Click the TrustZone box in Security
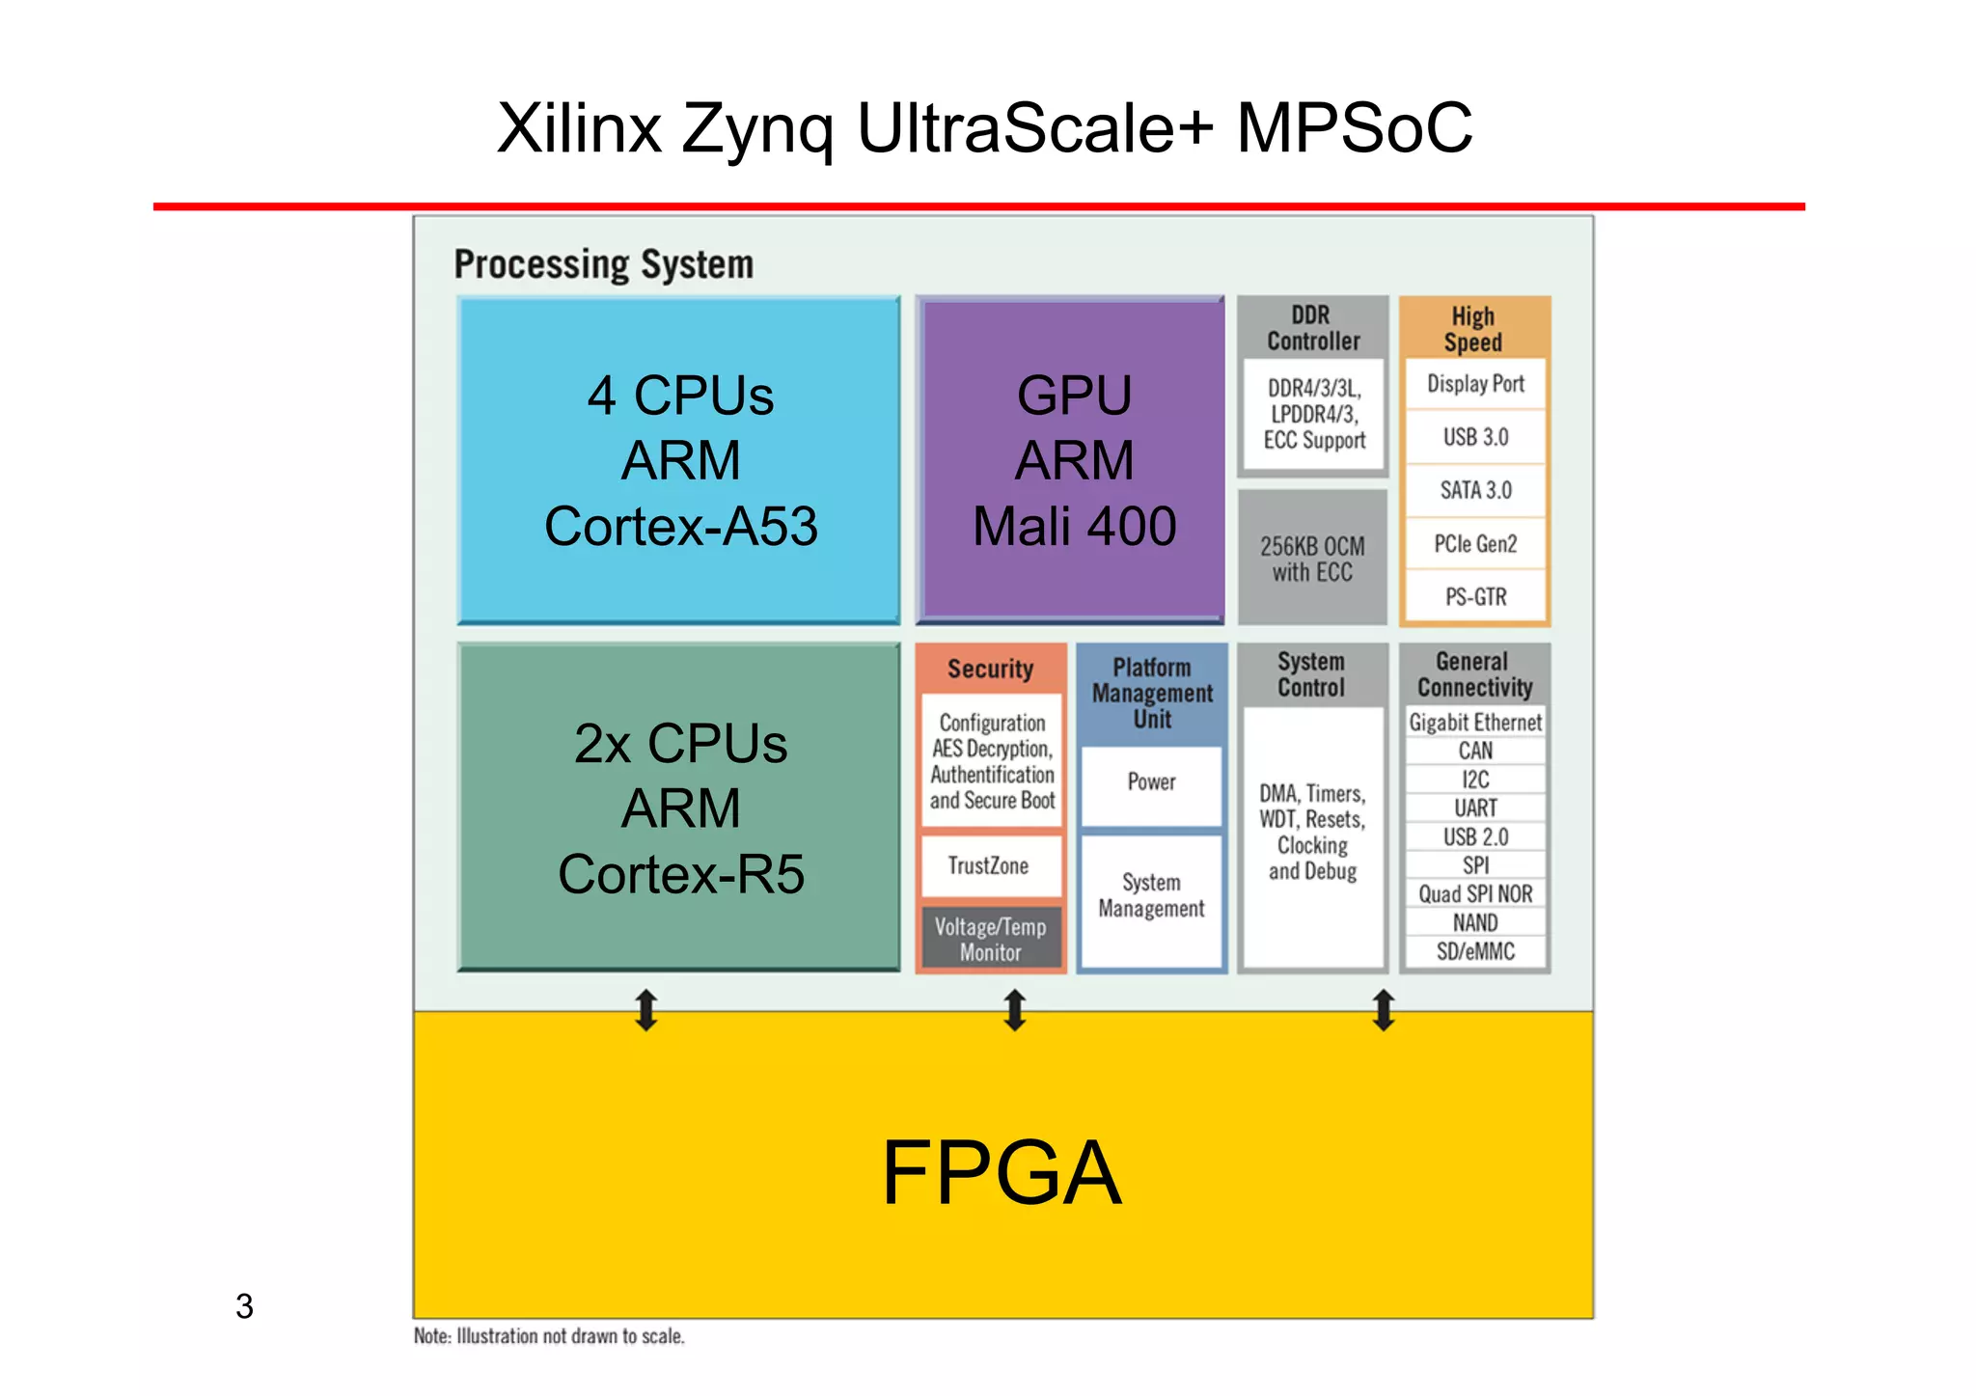pyautogui.click(x=990, y=865)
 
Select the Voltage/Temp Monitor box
pyautogui.click(x=990, y=939)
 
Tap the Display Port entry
pyautogui.click(x=1475, y=384)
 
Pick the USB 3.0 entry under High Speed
pyautogui.click(x=1475, y=437)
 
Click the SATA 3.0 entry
pyautogui.click(x=1475, y=490)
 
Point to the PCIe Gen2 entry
pyautogui.click(x=1475, y=544)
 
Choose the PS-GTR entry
pyautogui.click(x=1475, y=597)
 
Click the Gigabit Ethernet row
pyautogui.click(x=1475, y=723)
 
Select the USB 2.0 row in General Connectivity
pyautogui.click(x=1475, y=836)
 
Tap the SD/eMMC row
pyautogui.click(x=1475, y=951)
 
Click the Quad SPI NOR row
pyautogui.click(x=1475, y=894)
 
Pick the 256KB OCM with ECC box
pyautogui.click(x=1312, y=559)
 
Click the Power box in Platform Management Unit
pyautogui.click(x=1151, y=782)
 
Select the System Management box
pyautogui.click(x=1151, y=895)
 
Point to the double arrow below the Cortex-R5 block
pyautogui.click(x=646, y=1010)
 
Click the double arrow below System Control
pyautogui.click(x=1384, y=1010)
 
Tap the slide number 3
pyautogui.click(x=244, y=1306)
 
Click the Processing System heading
pyautogui.click(x=603, y=264)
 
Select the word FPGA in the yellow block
pyautogui.click(x=1002, y=1173)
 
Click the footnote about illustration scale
pyautogui.click(x=549, y=1336)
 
